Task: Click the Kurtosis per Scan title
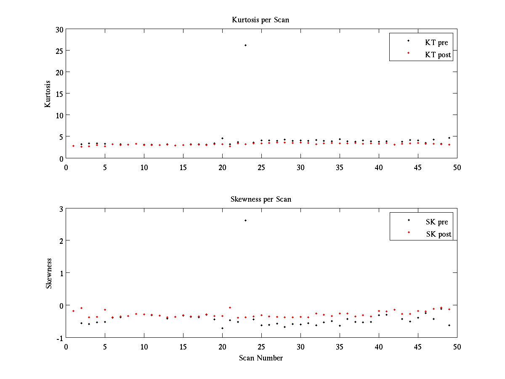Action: pos(260,20)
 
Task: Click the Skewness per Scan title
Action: pos(260,199)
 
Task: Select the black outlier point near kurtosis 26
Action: pos(245,45)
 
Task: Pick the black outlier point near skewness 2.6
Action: pos(245,220)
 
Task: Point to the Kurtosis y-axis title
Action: pos(48,94)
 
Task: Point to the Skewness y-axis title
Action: pos(49,273)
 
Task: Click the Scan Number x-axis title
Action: pos(261,358)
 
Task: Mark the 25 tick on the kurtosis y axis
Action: pos(58,51)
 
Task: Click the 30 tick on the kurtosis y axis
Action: pos(58,29)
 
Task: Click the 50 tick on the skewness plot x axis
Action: pos(457,346)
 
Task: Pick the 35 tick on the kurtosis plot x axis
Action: pos(340,167)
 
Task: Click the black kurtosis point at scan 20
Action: pos(222,138)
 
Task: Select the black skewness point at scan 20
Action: pos(222,328)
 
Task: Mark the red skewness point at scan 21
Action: pos(230,307)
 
